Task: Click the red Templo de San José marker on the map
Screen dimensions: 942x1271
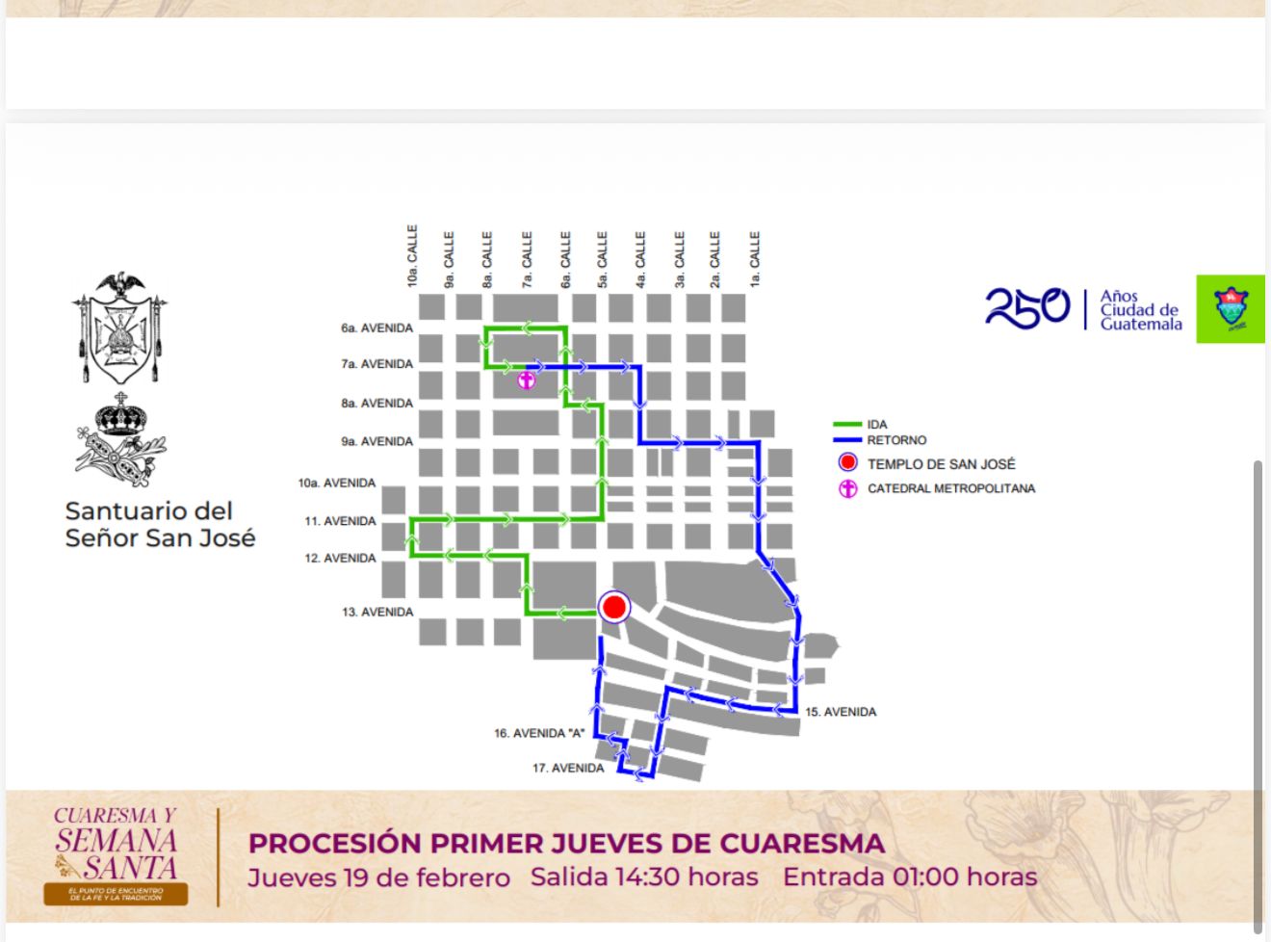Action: pyautogui.click(x=613, y=608)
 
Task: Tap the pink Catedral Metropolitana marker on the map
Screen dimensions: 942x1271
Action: pyautogui.click(x=526, y=380)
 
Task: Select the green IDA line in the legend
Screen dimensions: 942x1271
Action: pyautogui.click(x=847, y=425)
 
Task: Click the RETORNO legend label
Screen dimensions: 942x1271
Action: pyautogui.click(x=896, y=440)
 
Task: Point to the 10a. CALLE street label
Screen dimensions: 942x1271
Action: pyautogui.click(x=412, y=256)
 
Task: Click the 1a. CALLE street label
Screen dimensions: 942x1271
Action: pyautogui.click(x=755, y=259)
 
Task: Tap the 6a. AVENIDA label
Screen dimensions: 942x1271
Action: pyautogui.click(x=376, y=328)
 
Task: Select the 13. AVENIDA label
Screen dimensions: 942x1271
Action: pyautogui.click(x=377, y=612)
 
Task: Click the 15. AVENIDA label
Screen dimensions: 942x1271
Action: pyautogui.click(x=841, y=712)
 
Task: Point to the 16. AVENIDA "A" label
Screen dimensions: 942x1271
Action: pyautogui.click(x=539, y=734)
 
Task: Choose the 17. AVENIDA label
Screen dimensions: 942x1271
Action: pyautogui.click(x=568, y=769)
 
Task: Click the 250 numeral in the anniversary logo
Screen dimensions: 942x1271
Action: pyautogui.click(x=1026, y=308)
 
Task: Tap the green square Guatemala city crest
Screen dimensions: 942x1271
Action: pyautogui.click(x=1231, y=309)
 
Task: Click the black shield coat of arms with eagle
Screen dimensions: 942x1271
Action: pyautogui.click(x=119, y=327)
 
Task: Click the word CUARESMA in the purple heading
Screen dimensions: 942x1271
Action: pyautogui.click(x=802, y=843)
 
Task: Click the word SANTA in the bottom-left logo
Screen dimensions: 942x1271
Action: pyautogui.click(x=130, y=867)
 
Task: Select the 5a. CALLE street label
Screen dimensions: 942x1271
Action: pyautogui.click(x=602, y=259)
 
